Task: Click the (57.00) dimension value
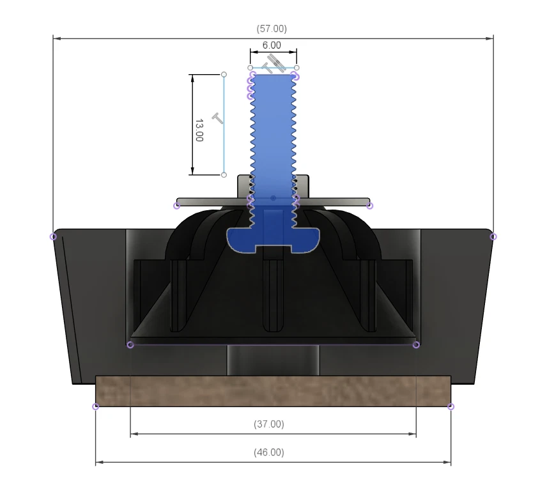pyautogui.click(x=272, y=29)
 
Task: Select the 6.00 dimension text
pyautogui.click(x=272, y=45)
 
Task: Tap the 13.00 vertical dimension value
pyautogui.click(x=199, y=129)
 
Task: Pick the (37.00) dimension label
pyautogui.click(x=268, y=424)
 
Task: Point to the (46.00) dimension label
pyautogui.click(x=268, y=452)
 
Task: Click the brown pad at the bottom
pyautogui.click(x=273, y=390)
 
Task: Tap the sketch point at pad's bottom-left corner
pyautogui.click(x=96, y=406)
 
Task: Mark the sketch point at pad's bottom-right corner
pyautogui.click(x=451, y=406)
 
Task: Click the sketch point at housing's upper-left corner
pyautogui.click(x=53, y=236)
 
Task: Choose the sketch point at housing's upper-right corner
pyautogui.click(x=493, y=236)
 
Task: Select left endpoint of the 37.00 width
pyautogui.click(x=130, y=345)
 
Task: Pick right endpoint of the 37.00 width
pyautogui.click(x=417, y=345)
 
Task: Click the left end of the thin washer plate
pyautogui.click(x=177, y=205)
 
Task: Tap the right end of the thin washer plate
pyautogui.click(x=369, y=205)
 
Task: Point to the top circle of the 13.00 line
pyautogui.click(x=224, y=75)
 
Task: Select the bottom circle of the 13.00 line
pyautogui.click(x=224, y=174)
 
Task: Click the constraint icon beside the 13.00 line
pyautogui.click(x=218, y=119)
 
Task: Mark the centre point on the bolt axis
pyautogui.click(x=273, y=199)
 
